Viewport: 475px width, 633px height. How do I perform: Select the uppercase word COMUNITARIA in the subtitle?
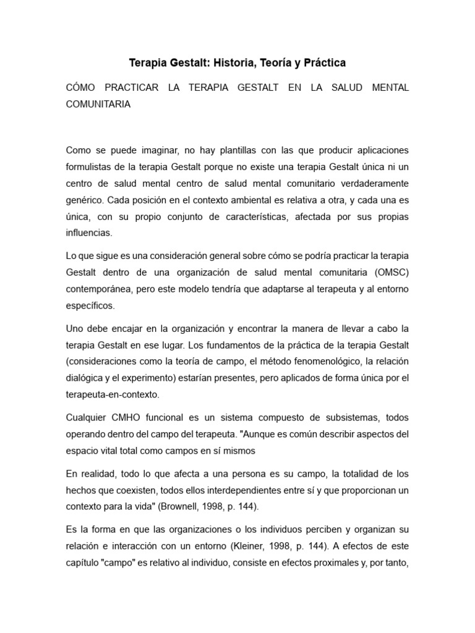tap(98, 104)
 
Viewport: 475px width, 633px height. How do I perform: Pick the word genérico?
tap(85, 201)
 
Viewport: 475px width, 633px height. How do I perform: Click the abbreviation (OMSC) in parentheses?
tap(390, 272)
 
